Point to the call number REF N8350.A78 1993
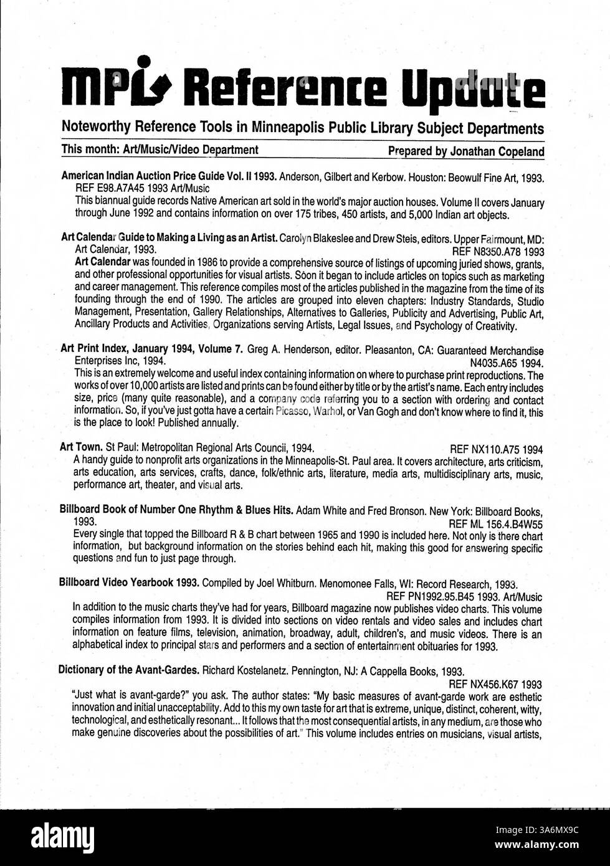(x=498, y=252)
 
